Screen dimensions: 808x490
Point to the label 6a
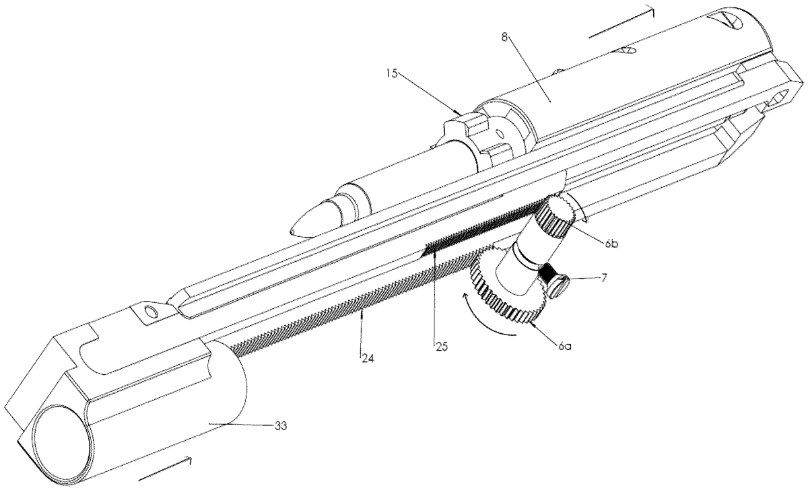pos(564,347)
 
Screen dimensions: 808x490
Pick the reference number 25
pos(441,347)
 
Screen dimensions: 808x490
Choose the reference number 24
pos(368,358)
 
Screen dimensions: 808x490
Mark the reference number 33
pos(280,426)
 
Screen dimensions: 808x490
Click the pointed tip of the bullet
pos(291,231)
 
